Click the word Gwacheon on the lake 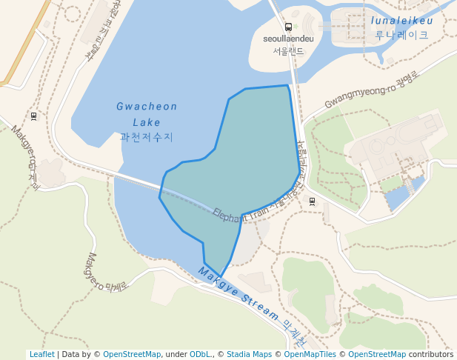coord(147,107)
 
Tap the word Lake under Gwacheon coord(147,122)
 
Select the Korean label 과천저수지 coord(147,137)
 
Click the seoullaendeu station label coord(288,39)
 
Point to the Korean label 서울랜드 coord(288,51)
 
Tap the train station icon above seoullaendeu coord(288,27)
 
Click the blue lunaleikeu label coord(401,21)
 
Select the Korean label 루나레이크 coord(401,35)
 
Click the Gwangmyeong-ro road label coord(367,89)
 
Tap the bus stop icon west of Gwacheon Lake coord(33,116)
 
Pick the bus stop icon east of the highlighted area coord(312,201)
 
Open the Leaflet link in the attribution coord(41,355)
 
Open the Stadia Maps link coord(249,355)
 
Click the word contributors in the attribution coord(431,355)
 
